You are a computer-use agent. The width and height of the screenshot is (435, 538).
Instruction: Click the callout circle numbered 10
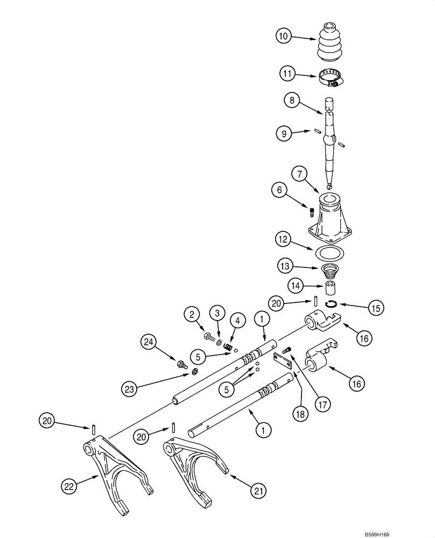tap(284, 37)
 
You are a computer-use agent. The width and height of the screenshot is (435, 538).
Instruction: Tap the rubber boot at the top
tap(329, 43)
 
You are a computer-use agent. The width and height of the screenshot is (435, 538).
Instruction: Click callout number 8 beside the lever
tap(292, 100)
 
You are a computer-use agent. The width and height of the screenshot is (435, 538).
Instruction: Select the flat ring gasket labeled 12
tap(329, 252)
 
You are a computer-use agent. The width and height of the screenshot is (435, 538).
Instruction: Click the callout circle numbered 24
tap(150, 341)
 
